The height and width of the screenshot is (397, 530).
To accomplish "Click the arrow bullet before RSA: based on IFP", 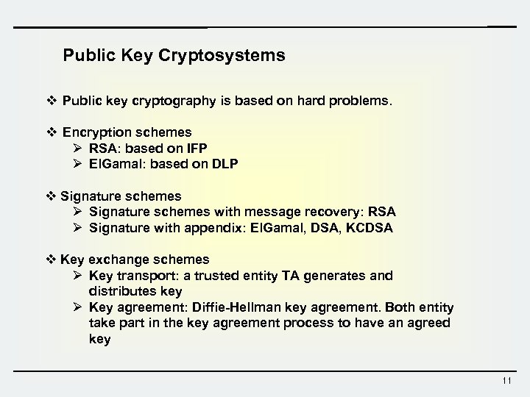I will (78, 148).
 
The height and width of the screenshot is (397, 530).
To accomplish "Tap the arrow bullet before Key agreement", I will (78, 307).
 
